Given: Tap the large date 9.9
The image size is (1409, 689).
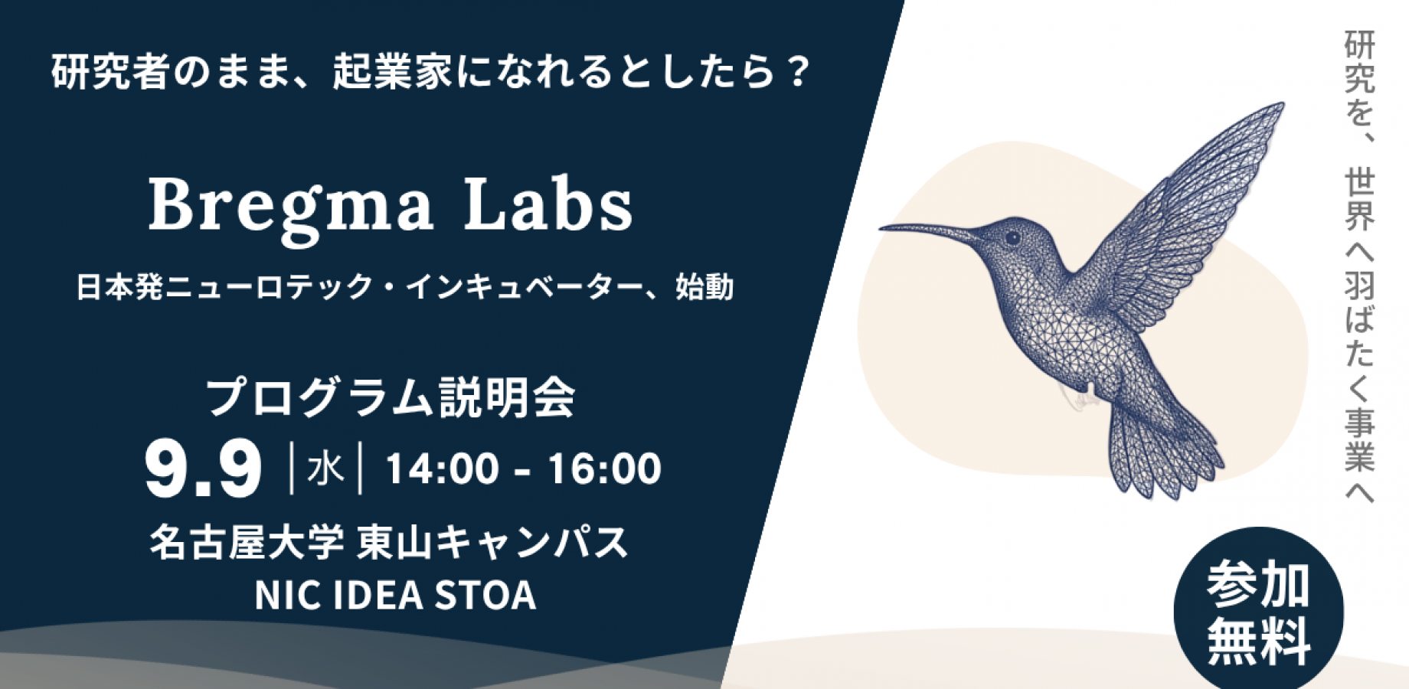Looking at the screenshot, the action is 204,469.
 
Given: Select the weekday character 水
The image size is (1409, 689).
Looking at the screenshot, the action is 325,469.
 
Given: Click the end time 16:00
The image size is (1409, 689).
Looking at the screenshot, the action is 604,469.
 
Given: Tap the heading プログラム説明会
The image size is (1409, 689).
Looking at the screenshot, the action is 391,397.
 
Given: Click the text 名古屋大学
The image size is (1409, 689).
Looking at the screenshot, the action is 247,543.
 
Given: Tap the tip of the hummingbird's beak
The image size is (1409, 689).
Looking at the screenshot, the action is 881,227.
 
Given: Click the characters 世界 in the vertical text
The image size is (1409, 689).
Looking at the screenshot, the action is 1359,201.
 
